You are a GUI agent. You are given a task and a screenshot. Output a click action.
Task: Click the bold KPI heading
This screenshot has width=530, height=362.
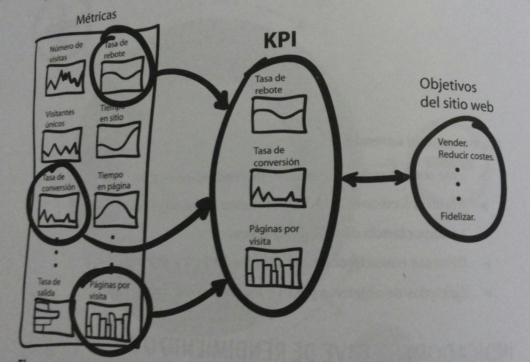280,40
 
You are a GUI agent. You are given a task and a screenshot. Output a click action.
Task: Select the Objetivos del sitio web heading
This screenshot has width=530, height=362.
456,95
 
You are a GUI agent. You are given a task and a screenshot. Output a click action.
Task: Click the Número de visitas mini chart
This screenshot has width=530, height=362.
65,78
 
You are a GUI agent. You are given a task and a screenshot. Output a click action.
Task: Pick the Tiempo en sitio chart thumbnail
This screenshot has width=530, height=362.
119,140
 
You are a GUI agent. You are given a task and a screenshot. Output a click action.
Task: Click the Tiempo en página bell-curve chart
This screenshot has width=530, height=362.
116,208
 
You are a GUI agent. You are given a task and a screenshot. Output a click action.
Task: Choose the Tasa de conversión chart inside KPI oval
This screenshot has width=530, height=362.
278,187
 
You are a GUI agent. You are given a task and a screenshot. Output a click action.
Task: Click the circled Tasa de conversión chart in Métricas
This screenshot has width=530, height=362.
58,210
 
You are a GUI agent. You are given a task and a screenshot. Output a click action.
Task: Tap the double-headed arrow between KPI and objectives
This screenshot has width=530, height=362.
376,177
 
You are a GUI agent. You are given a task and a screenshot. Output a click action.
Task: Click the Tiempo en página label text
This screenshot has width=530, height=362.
114,181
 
